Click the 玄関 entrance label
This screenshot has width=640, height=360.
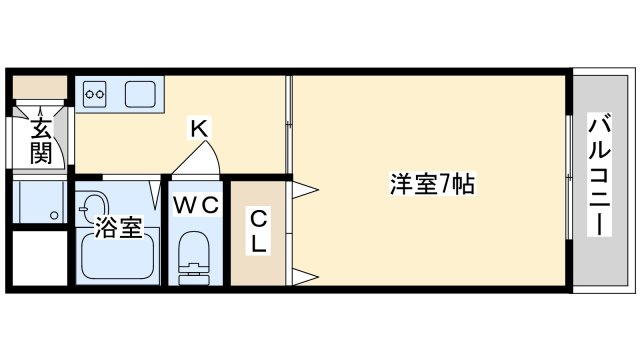(41, 140)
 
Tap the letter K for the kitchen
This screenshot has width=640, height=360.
(199, 128)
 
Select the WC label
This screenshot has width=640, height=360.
(197, 205)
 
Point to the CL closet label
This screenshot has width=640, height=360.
(257, 230)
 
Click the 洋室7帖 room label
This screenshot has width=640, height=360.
(431, 184)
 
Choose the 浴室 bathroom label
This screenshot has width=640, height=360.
(117, 229)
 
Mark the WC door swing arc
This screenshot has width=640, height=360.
(200, 158)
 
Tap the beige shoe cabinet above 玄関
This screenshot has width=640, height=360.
(39, 86)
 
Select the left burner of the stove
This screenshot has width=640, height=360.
(90, 95)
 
